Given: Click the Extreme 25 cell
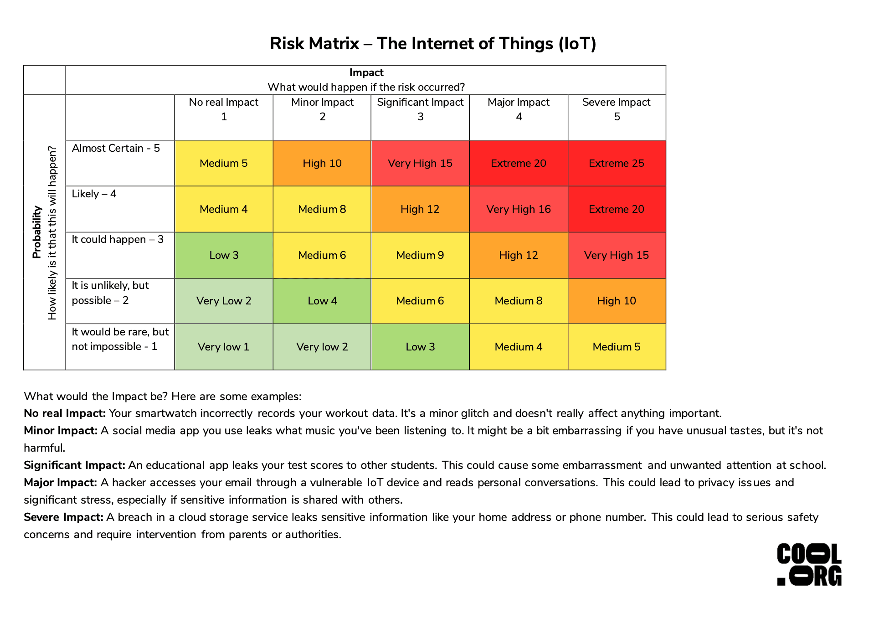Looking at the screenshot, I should [x=617, y=163].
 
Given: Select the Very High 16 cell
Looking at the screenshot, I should [x=518, y=209].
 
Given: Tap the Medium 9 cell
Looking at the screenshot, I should [x=420, y=255].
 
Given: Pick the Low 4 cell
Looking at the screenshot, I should [x=322, y=301].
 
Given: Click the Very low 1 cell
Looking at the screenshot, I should [x=223, y=347].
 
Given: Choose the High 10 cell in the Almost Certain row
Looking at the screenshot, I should [x=322, y=163].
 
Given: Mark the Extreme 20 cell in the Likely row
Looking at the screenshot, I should [x=617, y=209].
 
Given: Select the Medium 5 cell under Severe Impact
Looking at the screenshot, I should [x=617, y=347].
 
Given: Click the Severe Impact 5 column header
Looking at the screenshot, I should [x=617, y=109].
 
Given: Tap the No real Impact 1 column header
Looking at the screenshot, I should [x=223, y=109].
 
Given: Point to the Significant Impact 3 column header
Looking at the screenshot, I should [x=420, y=109].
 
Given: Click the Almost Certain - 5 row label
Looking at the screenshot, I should [x=116, y=148].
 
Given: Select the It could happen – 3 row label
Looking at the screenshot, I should [x=118, y=239].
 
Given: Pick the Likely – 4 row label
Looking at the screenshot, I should [x=94, y=194].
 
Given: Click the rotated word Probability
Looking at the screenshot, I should [x=37, y=232].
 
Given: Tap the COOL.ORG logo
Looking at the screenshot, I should [x=809, y=564].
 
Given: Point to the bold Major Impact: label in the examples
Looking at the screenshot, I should [x=60, y=482].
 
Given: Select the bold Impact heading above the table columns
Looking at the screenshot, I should [x=366, y=72].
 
